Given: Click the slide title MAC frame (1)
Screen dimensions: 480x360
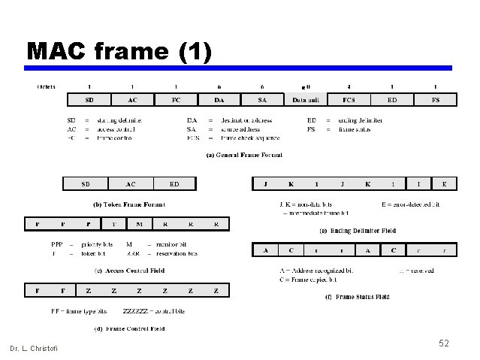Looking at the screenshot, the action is [119, 51].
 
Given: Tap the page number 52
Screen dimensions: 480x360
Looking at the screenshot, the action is [444, 343].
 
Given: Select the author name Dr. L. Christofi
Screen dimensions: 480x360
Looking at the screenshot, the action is [33, 348].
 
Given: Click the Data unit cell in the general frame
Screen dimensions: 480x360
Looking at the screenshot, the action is [306, 99].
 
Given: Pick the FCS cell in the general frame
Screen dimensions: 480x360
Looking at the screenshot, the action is [349, 99].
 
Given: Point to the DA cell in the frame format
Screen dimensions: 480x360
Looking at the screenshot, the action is [219, 99].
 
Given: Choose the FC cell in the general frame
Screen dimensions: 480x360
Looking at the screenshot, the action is [176, 99].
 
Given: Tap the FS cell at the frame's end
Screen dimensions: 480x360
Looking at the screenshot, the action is [436, 99].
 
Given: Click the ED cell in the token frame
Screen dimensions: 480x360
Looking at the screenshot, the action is [174, 183].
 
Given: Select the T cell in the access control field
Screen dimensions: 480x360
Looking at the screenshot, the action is [113, 224].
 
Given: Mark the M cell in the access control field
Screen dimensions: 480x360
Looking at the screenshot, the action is [139, 224].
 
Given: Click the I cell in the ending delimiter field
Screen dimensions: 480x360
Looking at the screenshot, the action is [418, 183].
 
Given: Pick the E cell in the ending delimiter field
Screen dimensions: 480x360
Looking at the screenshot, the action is [444, 183].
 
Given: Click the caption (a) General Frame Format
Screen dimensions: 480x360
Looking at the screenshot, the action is [244, 156].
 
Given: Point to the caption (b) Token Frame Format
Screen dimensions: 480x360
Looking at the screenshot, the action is [128, 204].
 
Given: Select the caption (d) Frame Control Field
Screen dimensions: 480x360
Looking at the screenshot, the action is [128, 329].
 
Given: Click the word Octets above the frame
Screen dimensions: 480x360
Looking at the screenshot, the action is [47, 87].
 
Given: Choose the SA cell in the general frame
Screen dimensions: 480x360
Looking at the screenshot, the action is [262, 99].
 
